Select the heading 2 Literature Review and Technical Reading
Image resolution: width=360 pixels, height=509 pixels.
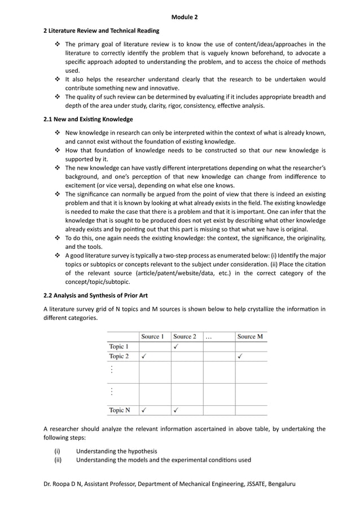coord(102,30)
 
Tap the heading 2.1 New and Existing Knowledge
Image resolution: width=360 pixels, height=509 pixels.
coord(88,119)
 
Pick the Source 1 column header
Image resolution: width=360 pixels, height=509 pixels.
coord(152,336)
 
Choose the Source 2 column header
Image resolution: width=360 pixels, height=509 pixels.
coord(185,336)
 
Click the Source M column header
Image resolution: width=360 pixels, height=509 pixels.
coord(250,336)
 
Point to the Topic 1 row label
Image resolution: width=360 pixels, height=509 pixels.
coord(119,346)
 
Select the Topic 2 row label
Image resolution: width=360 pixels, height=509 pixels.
coord(119,356)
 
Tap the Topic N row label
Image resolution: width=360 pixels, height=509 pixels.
coord(120,410)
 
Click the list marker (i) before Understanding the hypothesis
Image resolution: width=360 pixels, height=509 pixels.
coord(57,451)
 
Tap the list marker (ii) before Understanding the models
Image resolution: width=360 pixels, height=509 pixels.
coord(58,460)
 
